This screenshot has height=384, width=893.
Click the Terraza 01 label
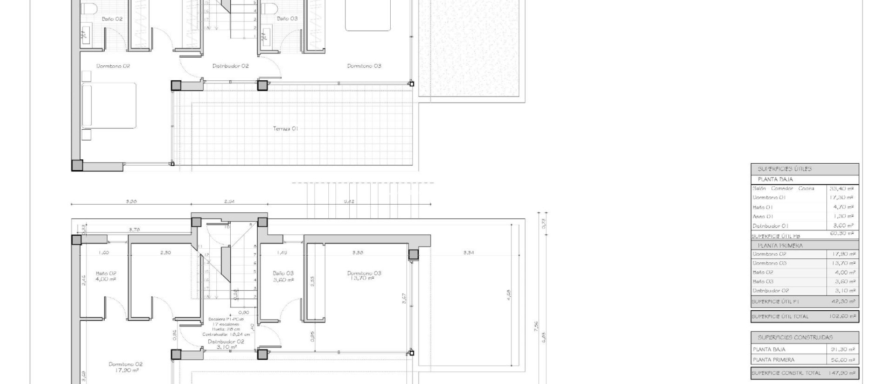[286, 129]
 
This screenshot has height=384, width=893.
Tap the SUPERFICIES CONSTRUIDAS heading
[795, 337]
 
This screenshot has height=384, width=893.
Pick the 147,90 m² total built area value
[842, 373]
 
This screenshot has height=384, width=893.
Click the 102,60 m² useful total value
[842, 316]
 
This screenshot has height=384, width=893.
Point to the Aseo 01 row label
[763, 216]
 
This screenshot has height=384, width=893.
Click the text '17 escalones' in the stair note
[226, 324]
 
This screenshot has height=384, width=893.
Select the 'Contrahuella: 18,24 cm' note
[226, 334]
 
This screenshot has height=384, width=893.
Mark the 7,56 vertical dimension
[536, 326]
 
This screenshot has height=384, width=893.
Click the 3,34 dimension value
[469, 253]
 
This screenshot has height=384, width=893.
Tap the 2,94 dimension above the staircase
[229, 202]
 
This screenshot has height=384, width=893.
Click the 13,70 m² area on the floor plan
[362, 278]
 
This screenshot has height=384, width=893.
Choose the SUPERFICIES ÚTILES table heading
[784, 169]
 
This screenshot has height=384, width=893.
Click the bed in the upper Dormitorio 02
[109, 106]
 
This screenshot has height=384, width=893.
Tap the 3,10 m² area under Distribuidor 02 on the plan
[227, 347]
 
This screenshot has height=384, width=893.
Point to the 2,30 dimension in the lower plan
[166, 253]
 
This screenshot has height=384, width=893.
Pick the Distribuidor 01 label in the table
[770, 226]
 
